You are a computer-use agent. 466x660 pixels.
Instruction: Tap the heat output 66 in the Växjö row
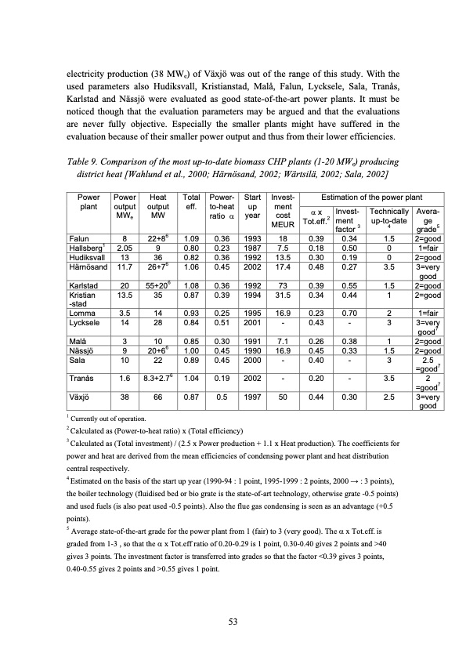[x=158, y=397]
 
